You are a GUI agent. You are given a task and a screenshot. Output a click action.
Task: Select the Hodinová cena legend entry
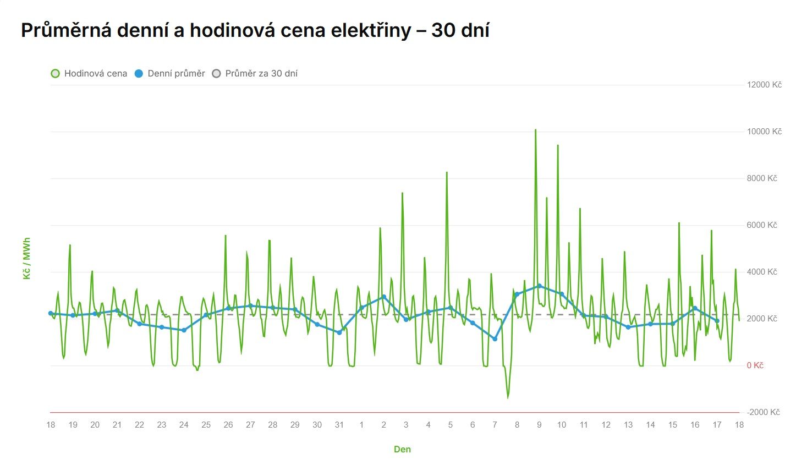89,73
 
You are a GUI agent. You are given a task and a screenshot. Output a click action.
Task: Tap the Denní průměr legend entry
171,73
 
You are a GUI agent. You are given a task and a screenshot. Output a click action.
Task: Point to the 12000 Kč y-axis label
764,85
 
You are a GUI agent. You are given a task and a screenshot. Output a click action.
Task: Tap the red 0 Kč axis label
755,365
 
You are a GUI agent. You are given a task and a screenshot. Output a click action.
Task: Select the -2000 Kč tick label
764,412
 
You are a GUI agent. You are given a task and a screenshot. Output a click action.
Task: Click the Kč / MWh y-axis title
26,258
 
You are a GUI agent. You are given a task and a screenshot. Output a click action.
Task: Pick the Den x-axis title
402,449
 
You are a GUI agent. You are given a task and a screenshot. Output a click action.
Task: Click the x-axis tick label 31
339,425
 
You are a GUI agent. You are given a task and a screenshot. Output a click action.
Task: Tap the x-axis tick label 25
206,425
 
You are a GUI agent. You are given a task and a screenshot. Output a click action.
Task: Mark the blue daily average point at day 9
539,286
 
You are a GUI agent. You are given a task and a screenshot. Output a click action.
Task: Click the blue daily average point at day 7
495,339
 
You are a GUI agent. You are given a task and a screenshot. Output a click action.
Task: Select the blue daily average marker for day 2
383,297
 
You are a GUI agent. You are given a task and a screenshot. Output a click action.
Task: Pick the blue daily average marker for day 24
184,330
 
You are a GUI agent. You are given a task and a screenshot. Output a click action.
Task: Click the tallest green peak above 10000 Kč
535,130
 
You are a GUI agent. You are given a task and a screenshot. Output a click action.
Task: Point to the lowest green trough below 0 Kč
508,397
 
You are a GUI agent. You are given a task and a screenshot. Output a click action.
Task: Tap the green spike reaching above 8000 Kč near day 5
447,173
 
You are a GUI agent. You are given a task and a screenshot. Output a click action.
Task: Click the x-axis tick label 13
628,425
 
